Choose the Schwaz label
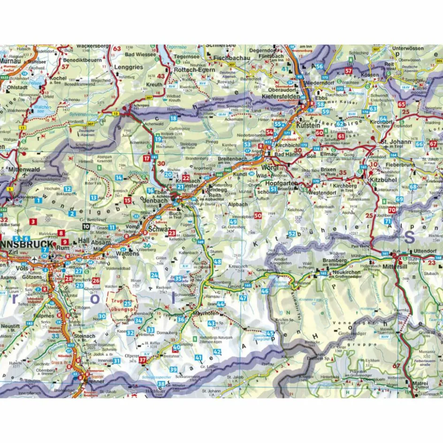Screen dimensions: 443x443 click(x=157, y=229)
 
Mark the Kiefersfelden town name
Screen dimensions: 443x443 click(x=281, y=96)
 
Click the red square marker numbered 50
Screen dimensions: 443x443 click(x=258, y=215)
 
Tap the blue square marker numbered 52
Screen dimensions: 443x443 click(x=292, y=233)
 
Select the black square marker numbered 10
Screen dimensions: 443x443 click(x=85, y=226)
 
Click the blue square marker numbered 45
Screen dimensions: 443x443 click(x=270, y=334)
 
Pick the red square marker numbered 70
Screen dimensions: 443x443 click(x=391, y=210)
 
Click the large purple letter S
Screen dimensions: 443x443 click(x=410, y=237)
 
